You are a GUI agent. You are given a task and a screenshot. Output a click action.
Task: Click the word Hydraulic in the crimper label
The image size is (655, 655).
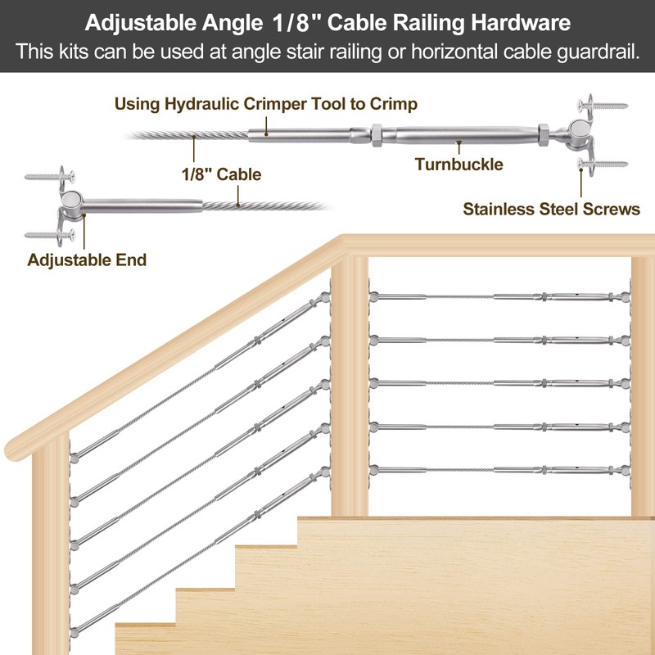(202, 104)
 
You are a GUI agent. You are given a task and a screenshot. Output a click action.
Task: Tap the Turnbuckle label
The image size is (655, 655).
(458, 164)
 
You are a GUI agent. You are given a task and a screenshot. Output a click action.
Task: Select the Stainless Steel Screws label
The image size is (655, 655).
(551, 209)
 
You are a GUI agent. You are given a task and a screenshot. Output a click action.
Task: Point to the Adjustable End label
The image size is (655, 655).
(87, 260)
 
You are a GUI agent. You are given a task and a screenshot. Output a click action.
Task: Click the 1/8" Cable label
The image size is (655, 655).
(220, 174)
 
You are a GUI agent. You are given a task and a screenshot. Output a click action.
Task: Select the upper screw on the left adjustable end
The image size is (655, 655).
(49, 174)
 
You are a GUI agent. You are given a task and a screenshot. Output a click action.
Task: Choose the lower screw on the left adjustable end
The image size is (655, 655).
(49, 236)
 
